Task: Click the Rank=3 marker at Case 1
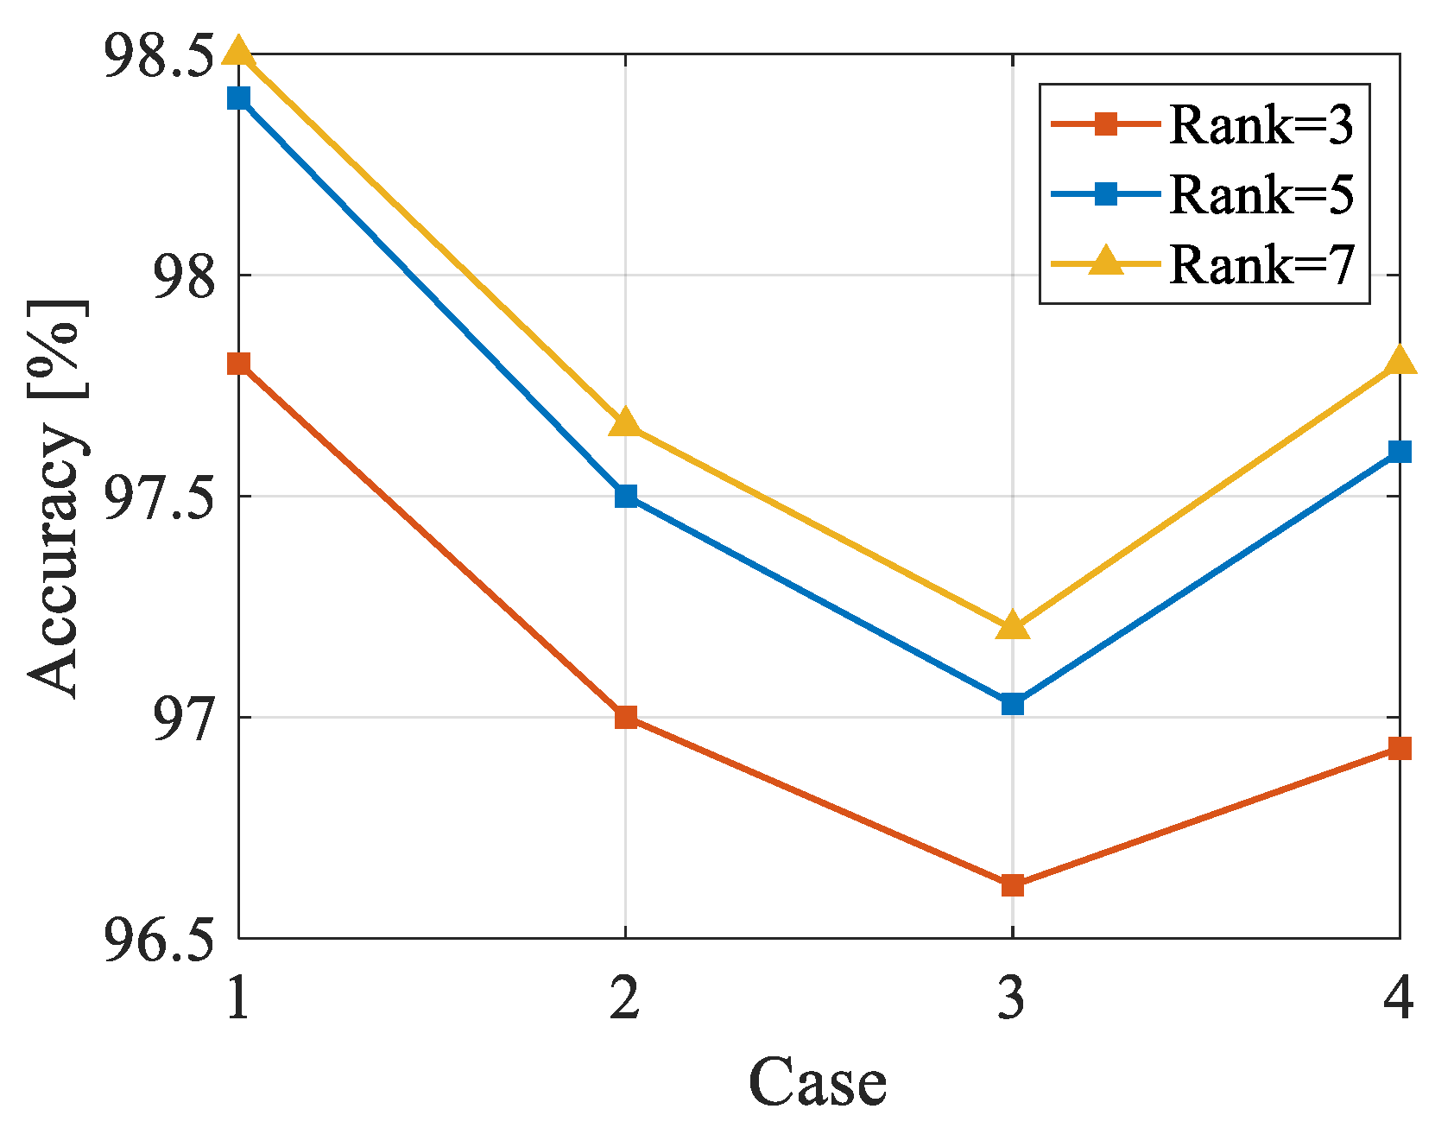click(x=238, y=364)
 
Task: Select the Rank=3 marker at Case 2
click(x=626, y=717)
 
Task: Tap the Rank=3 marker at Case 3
click(x=1013, y=885)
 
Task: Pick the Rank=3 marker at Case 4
click(x=1399, y=748)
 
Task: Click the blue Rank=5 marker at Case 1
click(x=238, y=98)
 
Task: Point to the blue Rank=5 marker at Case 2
click(x=626, y=496)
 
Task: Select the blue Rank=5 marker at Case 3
click(x=1013, y=704)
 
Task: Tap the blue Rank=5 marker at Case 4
click(x=1399, y=451)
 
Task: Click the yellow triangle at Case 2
click(x=626, y=423)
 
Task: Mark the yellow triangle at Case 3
click(x=1013, y=625)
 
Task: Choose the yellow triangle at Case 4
click(x=1399, y=361)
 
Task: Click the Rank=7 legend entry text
click(x=1261, y=264)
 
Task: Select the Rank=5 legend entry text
click(x=1261, y=194)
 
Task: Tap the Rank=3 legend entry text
click(x=1261, y=125)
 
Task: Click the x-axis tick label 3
click(x=1012, y=998)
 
